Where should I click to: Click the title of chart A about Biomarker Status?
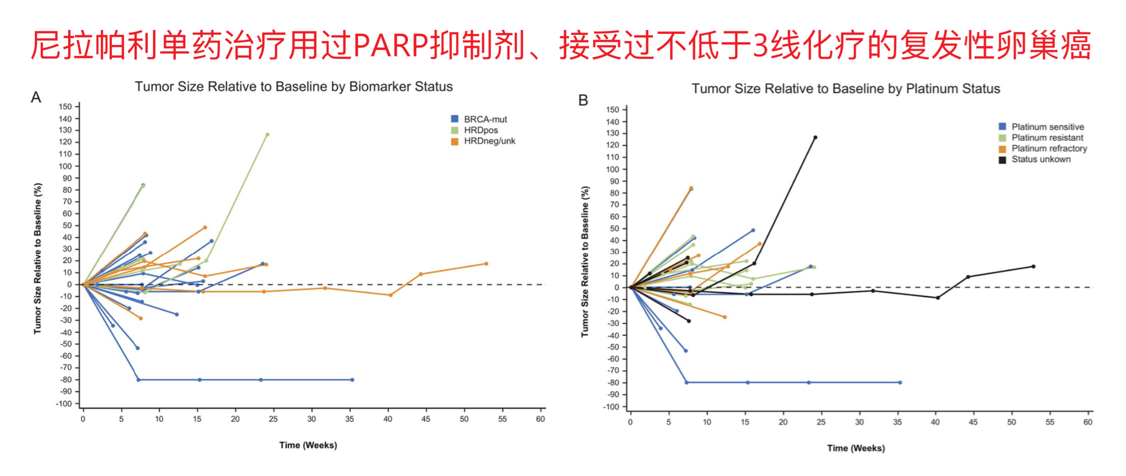294,87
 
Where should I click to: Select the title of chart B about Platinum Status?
846,89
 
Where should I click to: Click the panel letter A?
36,97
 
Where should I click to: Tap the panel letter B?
583,100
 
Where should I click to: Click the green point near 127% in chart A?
267,135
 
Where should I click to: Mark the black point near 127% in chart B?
815,138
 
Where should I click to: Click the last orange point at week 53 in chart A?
486,264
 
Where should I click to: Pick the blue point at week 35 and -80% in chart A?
352,380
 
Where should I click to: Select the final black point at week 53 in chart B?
1033,267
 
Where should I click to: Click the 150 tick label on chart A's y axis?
65,107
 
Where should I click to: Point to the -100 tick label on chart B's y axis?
611,407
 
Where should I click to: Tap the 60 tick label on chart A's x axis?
540,419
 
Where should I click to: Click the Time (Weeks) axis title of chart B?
856,448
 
